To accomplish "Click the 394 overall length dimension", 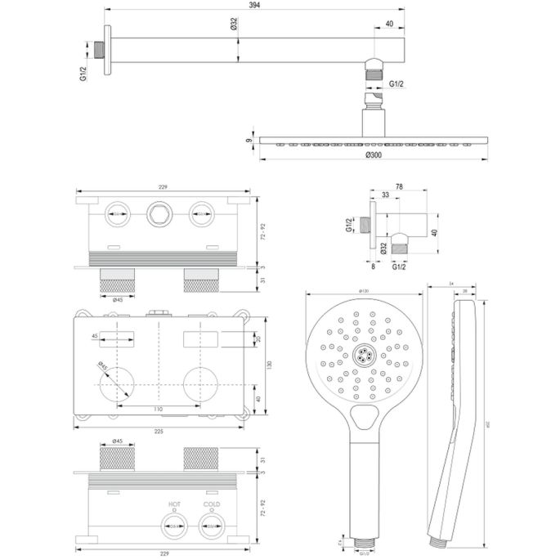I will (256, 7).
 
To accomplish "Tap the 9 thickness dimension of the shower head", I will (249, 141).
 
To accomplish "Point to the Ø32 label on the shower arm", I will (234, 25).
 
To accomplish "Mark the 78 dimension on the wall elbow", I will (400, 187).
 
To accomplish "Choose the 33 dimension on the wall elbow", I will (384, 195).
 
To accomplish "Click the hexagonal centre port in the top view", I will (157, 216).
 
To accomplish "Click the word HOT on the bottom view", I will (174, 504).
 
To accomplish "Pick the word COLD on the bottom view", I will (212, 504).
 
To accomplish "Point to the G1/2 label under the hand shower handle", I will (365, 553).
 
